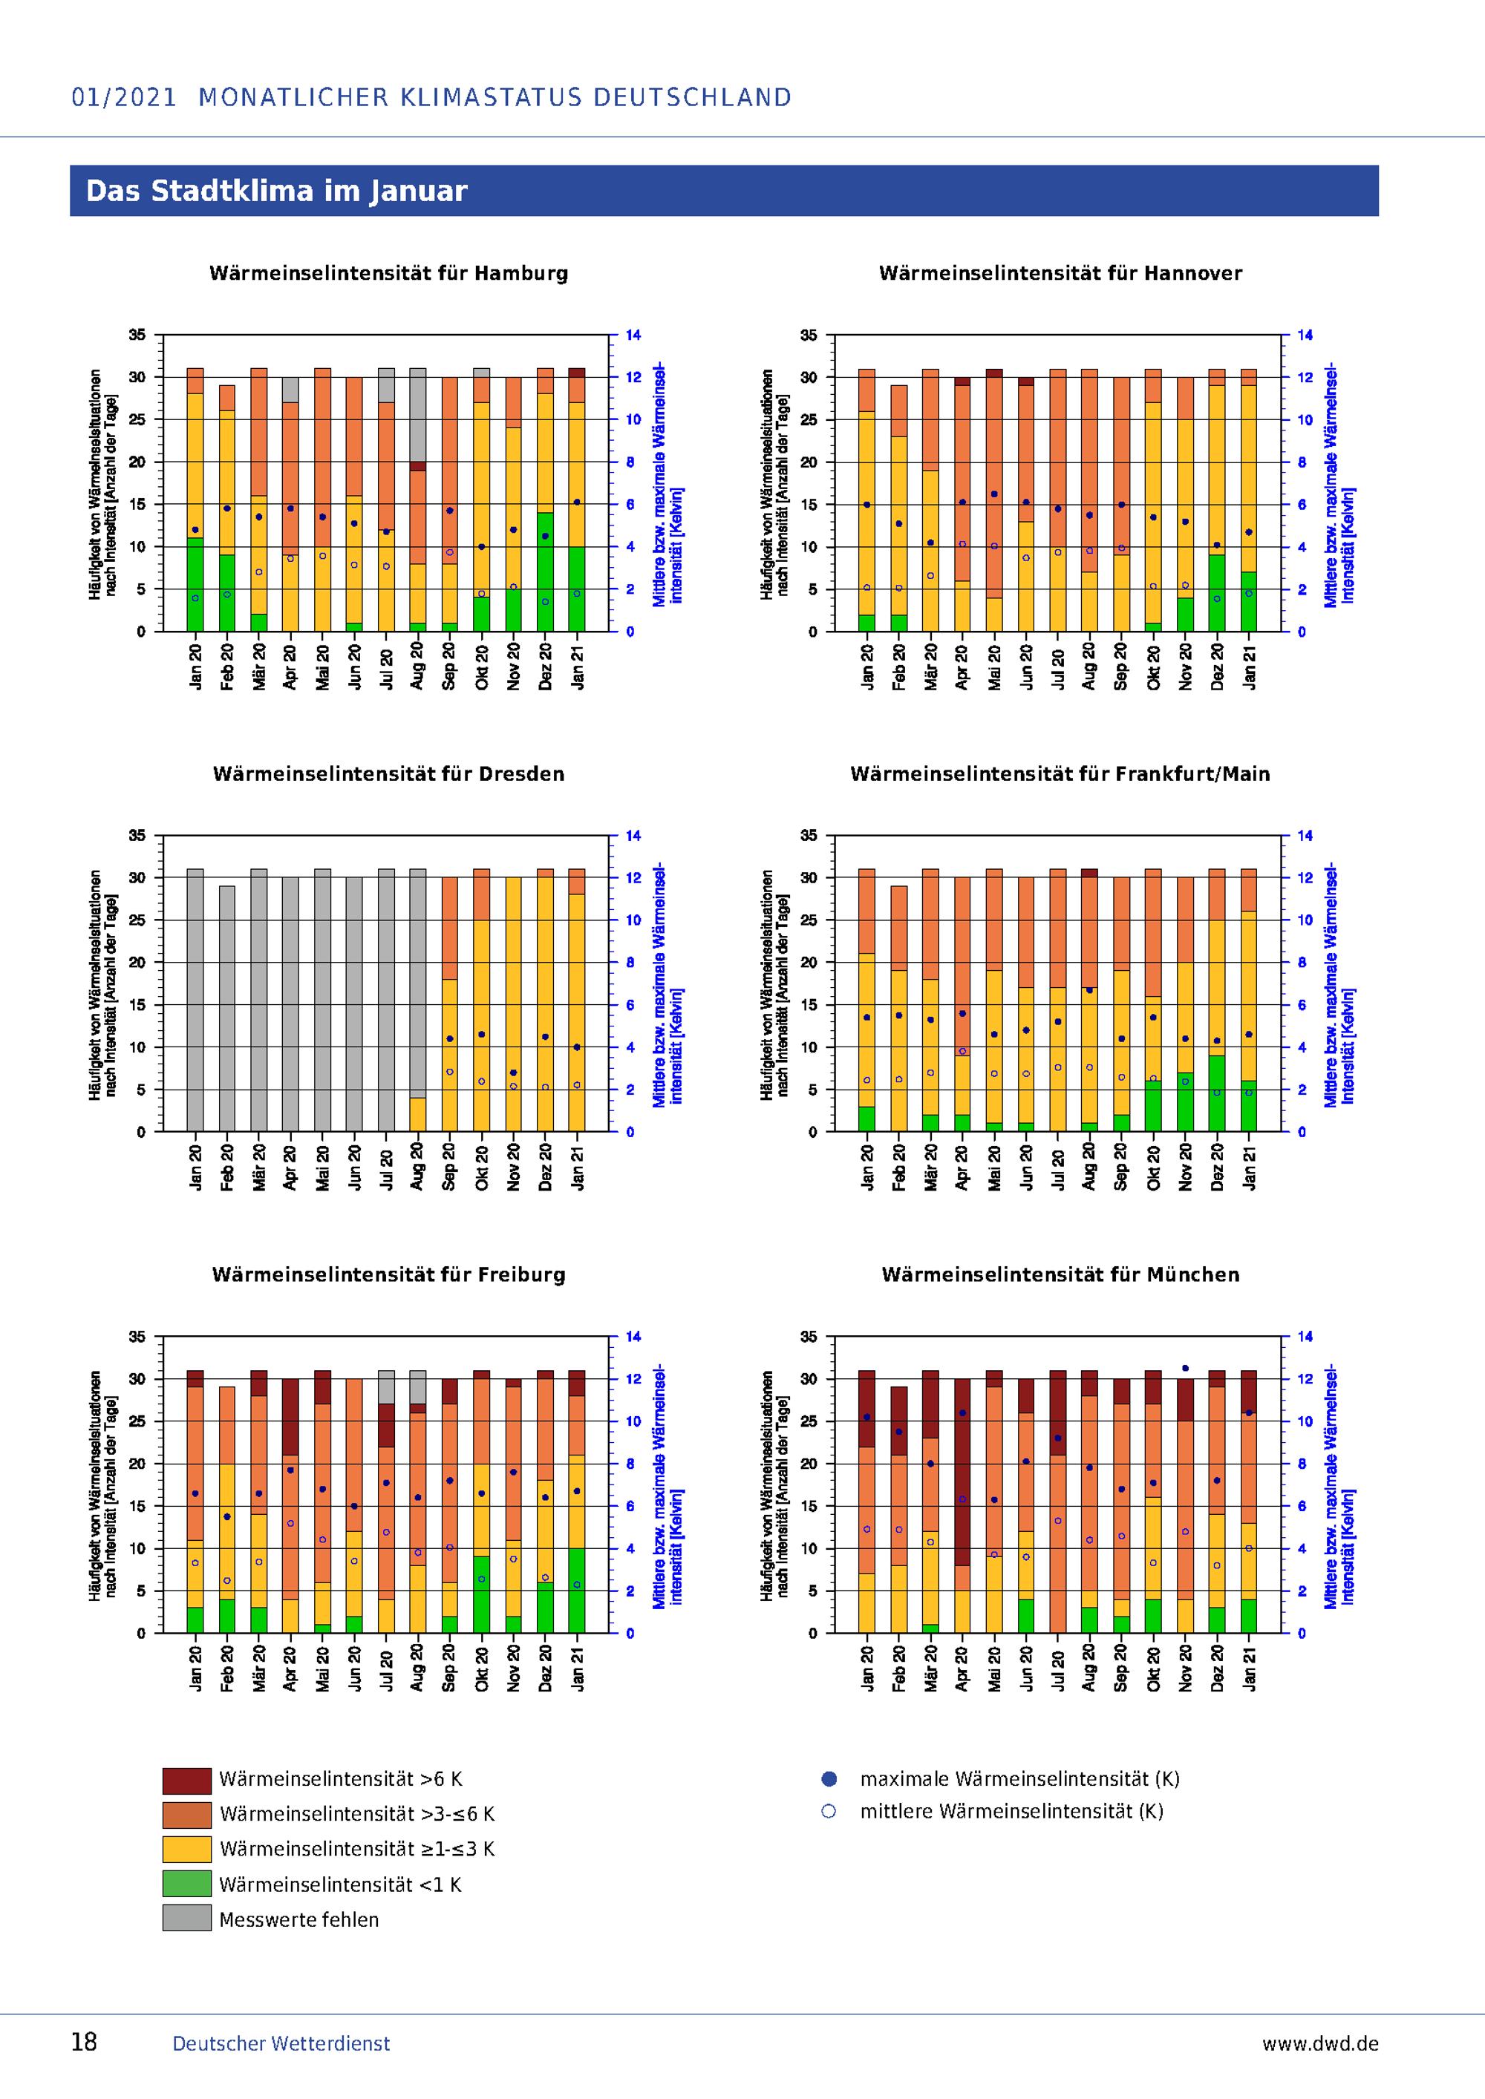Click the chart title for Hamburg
tap(388, 273)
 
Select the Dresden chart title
tap(388, 774)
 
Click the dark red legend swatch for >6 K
tap(186, 1781)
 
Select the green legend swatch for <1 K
tap(186, 1884)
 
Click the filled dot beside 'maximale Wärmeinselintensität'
tap(829, 1780)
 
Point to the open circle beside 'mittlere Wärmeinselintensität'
tap(829, 1812)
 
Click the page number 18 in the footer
tap(84, 2043)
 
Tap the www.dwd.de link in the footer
tap(1319, 2044)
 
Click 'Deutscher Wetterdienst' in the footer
tap(281, 2044)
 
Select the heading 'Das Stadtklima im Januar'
tap(276, 191)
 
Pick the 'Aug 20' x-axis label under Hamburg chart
tap(418, 667)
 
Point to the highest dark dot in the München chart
tap(1185, 1369)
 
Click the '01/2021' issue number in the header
tap(123, 98)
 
